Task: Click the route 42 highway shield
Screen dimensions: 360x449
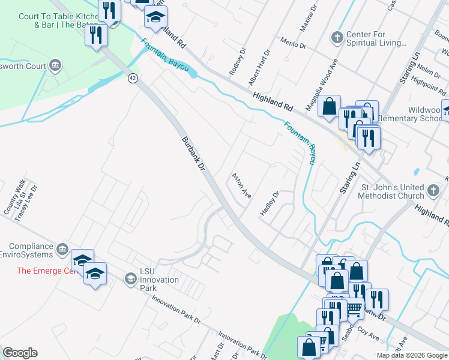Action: click(133, 77)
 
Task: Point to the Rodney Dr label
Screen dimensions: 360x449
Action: click(238, 62)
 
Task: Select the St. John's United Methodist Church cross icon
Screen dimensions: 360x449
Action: click(434, 191)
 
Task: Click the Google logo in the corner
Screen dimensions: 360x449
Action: click(20, 353)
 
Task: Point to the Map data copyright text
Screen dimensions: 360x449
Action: click(411, 355)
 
